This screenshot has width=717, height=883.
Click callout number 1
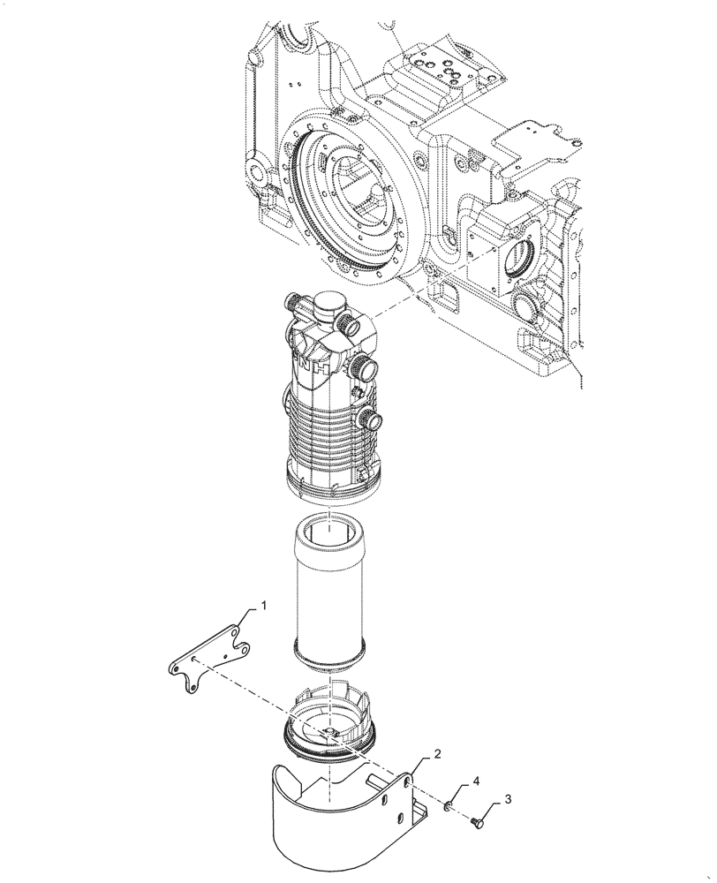(x=263, y=607)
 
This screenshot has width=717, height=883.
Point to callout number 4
(x=475, y=781)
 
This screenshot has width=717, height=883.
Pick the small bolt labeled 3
(x=478, y=823)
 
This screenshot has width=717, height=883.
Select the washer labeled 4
(x=449, y=804)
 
